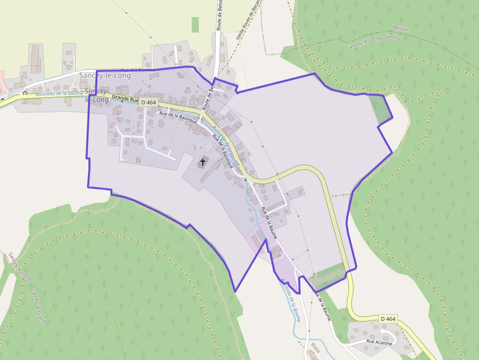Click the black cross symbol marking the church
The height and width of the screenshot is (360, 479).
(203, 162)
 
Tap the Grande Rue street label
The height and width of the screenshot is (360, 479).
(126, 98)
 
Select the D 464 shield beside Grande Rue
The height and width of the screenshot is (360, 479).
(148, 102)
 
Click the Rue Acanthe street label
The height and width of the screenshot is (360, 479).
(379, 343)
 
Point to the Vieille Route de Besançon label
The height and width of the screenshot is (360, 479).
(249, 21)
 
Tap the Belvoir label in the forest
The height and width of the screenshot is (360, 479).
(400, 28)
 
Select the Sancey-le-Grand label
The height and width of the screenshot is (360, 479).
(39, 306)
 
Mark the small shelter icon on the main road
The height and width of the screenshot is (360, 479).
(24, 93)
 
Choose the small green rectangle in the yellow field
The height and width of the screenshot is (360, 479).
(196, 24)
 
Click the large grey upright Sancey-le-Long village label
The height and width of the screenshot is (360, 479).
(105, 75)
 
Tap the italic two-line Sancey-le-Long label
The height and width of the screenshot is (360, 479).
(97, 96)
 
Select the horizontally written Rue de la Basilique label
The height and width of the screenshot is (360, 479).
(178, 117)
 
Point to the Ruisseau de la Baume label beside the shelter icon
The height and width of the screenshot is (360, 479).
(56, 93)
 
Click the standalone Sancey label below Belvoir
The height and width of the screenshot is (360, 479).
(393, 37)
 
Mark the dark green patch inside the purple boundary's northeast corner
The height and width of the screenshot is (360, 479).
(380, 107)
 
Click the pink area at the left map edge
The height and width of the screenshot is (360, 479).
(2, 81)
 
